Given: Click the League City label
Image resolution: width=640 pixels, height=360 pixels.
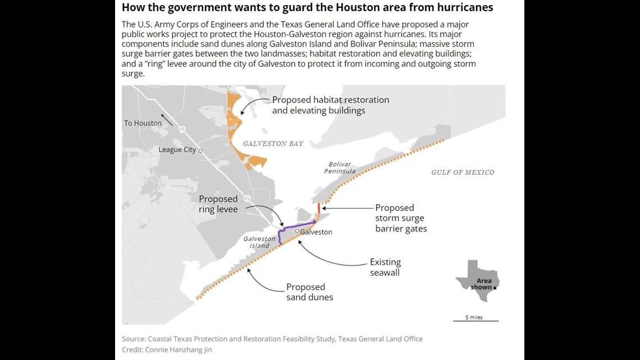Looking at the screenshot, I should pos(177,150).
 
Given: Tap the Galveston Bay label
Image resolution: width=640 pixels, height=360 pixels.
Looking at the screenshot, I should pos(273,144).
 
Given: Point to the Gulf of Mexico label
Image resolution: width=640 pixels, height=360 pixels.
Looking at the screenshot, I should pos(463,172).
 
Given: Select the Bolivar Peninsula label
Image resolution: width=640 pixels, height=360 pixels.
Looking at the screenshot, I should pos(340,168).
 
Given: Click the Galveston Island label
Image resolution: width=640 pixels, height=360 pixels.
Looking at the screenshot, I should pos(259,242).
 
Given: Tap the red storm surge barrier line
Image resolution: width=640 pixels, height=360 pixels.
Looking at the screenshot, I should pos(319,208).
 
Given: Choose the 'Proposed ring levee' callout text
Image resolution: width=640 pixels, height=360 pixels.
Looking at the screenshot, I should pos(218,204).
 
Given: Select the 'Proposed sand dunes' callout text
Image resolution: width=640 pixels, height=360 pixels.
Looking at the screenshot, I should pos(309,292).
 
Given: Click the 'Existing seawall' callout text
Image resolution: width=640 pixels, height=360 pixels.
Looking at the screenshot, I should pos(385,267).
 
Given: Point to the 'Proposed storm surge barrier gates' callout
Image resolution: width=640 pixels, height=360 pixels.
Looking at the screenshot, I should pos(401,218).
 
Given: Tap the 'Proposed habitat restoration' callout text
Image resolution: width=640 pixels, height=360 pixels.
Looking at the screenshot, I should pos(330,105).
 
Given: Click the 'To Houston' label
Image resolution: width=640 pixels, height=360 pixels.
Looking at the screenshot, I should pos(143,123).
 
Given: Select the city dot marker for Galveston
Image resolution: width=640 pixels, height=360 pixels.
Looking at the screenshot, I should pos(297,231).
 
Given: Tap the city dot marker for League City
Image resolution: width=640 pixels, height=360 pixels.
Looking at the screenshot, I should pos(200,151).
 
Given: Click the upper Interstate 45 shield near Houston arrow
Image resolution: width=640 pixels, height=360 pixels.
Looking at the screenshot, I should pos(181,129).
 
